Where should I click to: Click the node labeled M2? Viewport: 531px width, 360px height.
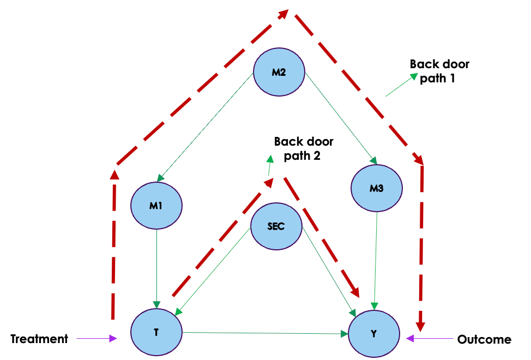279,73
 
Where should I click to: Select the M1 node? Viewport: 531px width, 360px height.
156,206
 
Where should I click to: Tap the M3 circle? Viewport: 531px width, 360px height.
377,188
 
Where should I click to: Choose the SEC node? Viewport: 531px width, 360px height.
276,226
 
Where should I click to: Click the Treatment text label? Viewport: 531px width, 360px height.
39,339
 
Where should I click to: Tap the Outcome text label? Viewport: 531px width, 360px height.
484,340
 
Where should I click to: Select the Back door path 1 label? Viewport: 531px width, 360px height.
439,71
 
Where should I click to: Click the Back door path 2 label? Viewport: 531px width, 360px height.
303,148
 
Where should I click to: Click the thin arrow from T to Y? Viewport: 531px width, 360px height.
266,332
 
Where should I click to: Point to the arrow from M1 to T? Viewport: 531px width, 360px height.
157,267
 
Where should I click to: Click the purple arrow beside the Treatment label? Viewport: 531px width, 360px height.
96,339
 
